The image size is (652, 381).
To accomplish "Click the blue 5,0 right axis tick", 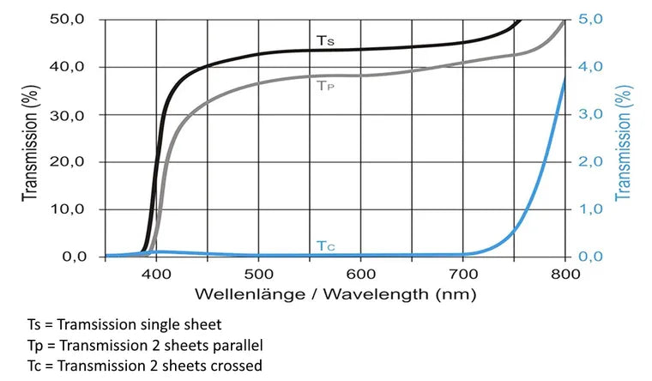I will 589,19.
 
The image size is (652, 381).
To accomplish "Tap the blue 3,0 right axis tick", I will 589,114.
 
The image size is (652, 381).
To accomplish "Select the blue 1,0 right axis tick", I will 589,209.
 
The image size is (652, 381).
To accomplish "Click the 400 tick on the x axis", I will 156,274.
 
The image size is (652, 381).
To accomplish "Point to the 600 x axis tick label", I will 360,274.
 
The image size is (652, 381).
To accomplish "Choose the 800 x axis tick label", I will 564,274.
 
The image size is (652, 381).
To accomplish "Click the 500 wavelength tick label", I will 258,274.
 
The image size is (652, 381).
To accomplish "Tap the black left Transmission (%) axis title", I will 31,142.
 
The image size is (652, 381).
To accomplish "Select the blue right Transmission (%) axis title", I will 624,142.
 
